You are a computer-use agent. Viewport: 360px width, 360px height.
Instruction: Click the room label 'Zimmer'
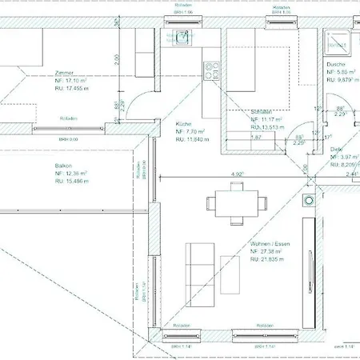click(66, 72)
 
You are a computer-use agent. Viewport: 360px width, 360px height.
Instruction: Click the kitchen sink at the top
click(182, 36)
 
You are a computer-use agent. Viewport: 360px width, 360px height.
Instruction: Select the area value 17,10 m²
click(71, 81)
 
